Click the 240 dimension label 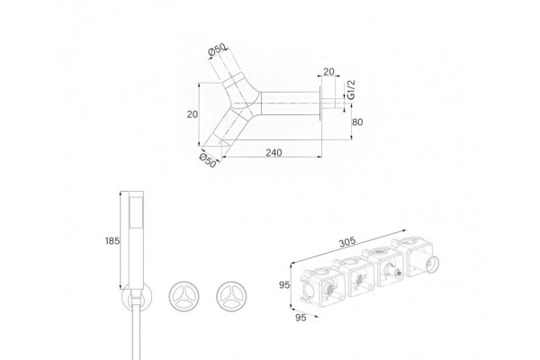coord(274,152)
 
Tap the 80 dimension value coord(358,122)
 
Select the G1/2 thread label coord(351,90)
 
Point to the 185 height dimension coord(112,241)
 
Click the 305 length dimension coord(347,242)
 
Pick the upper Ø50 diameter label coord(217,50)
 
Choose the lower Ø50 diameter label coord(208,160)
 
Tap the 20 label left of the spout coord(193,114)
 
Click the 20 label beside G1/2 coord(328,72)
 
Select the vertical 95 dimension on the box coord(284,285)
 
